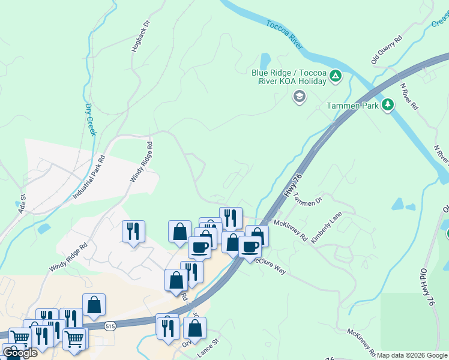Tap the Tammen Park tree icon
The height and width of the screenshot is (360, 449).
click(x=388, y=105)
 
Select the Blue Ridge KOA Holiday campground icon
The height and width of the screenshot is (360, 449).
click(x=336, y=76)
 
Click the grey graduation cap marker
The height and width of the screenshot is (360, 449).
click(x=298, y=96)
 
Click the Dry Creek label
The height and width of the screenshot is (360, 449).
click(x=90, y=119)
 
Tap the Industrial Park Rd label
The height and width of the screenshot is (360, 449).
click(x=89, y=178)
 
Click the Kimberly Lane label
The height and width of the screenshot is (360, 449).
click(x=327, y=230)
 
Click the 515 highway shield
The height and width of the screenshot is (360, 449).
click(x=109, y=326)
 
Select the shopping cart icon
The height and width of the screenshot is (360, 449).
click(x=74, y=338)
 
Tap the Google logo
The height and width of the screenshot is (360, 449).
click(x=20, y=353)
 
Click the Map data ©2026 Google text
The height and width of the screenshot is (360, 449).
click(x=412, y=355)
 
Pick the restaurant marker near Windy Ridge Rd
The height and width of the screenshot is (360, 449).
click(x=133, y=230)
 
